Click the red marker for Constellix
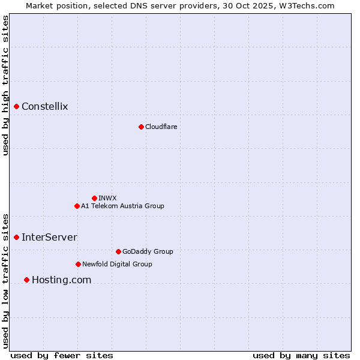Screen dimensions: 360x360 [17, 107]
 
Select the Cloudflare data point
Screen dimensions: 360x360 [141, 127]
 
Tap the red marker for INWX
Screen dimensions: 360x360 [94, 198]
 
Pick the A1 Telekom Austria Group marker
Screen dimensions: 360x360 [77, 206]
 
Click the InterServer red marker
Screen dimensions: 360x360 [17, 237]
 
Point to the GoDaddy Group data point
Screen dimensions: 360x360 [118, 251]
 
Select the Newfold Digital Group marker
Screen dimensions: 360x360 [78, 264]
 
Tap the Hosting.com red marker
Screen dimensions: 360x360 [26, 280]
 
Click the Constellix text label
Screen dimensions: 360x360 [45, 107]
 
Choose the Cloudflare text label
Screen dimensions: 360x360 [161, 127]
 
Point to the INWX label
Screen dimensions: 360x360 [107, 198]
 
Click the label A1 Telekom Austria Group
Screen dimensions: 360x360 [122, 206]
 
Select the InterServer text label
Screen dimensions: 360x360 [49, 237]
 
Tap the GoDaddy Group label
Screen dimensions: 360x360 [148, 251]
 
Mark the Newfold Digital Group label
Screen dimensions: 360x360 [117, 264]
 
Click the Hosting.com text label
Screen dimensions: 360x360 [61, 280]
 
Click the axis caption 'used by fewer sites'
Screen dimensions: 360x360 [62, 355]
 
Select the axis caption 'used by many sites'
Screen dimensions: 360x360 [301, 355]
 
